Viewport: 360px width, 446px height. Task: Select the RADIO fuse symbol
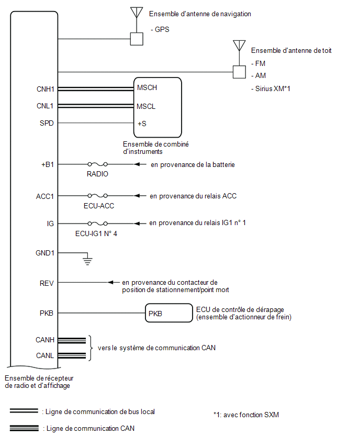point(97,164)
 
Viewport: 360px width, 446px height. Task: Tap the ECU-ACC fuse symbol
point(97,196)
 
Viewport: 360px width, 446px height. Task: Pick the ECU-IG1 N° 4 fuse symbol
point(97,224)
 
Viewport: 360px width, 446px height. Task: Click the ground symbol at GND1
point(87,259)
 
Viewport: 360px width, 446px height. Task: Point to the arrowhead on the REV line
point(111,283)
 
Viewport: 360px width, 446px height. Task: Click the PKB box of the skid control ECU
point(169,313)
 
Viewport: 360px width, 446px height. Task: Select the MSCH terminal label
point(147,87)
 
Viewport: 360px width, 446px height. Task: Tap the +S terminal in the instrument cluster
point(142,124)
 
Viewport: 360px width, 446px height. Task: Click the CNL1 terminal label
point(45,106)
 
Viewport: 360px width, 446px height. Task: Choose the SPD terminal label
point(47,123)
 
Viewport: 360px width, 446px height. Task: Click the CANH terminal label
point(45,340)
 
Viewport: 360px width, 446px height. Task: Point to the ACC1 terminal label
point(45,196)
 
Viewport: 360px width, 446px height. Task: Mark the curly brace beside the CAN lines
point(90,348)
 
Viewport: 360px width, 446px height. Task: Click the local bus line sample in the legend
point(24,411)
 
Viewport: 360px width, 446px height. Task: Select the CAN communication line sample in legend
point(24,428)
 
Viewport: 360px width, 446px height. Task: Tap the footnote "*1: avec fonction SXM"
point(246,415)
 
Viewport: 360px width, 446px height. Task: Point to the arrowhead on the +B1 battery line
point(138,164)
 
